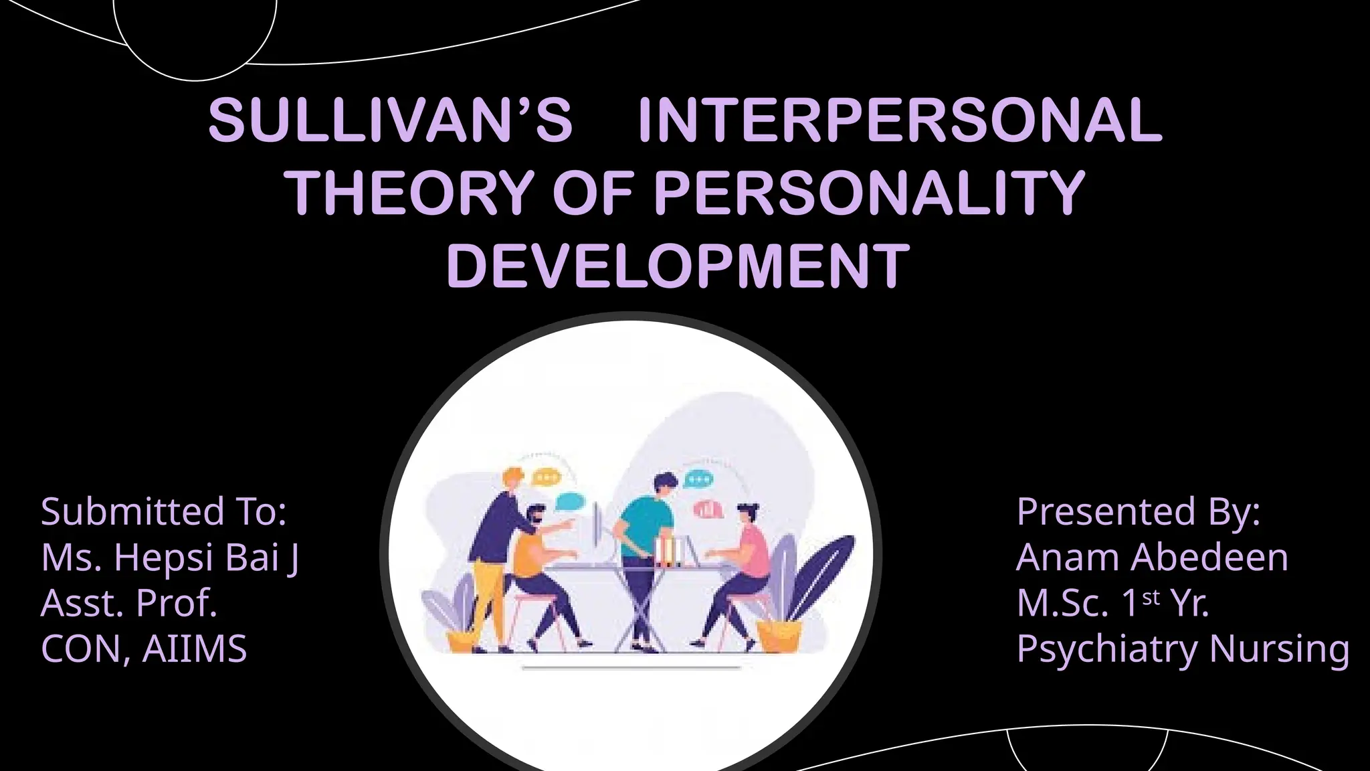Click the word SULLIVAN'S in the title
pyautogui.click(x=390, y=120)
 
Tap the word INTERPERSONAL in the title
pyautogui.click(x=900, y=120)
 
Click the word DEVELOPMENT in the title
pyautogui.click(x=678, y=266)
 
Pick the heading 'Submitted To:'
pyautogui.click(x=164, y=512)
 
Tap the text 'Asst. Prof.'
pyautogui.click(x=129, y=603)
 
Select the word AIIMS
pyautogui.click(x=195, y=649)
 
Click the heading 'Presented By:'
pyautogui.click(x=1139, y=512)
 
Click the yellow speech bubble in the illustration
pyautogui.click(x=545, y=478)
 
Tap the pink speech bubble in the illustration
pyautogui.click(x=708, y=510)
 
